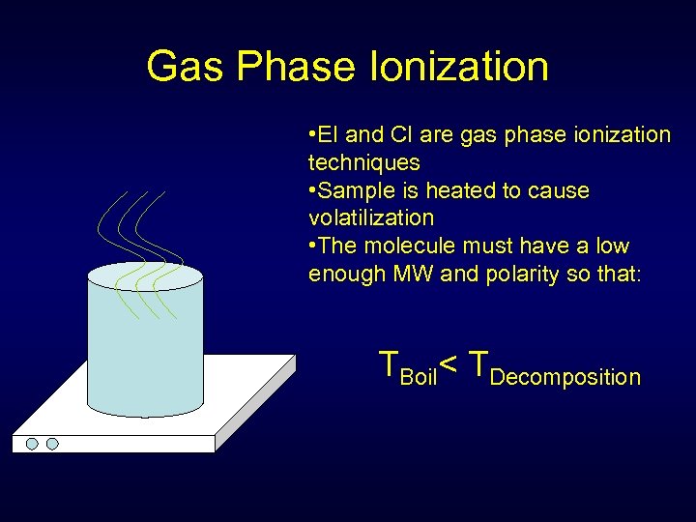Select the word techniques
[363, 162]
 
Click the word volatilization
[371, 217]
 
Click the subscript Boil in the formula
[419, 377]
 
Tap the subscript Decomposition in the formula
[565, 377]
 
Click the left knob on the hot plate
[32, 444]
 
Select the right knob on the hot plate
[52, 444]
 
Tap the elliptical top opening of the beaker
[145, 275]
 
